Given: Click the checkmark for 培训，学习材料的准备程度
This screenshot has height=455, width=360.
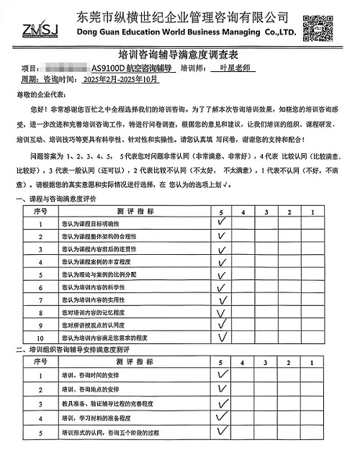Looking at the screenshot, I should click(x=223, y=417).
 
